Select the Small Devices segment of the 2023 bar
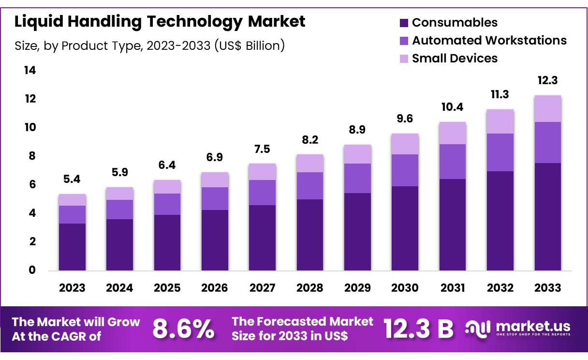tap(72, 200)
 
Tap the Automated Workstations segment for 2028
tap(310, 186)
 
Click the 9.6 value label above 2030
tap(405, 119)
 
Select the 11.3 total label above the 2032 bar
tap(500, 94)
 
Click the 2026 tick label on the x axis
tap(215, 288)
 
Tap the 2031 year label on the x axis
tap(453, 288)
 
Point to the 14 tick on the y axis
tap(30, 71)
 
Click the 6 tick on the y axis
tap(32, 184)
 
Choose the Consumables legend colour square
tap(404, 23)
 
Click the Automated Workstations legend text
tap(489, 40)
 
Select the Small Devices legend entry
tap(454, 58)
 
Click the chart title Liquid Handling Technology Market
tap(160, 22)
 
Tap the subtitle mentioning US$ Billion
tap(149, 46)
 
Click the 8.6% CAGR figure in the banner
tap(184, 329)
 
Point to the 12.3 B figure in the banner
tap(419, 329)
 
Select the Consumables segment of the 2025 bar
tap(167, 242)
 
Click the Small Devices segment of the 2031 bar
tap(453, 133)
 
